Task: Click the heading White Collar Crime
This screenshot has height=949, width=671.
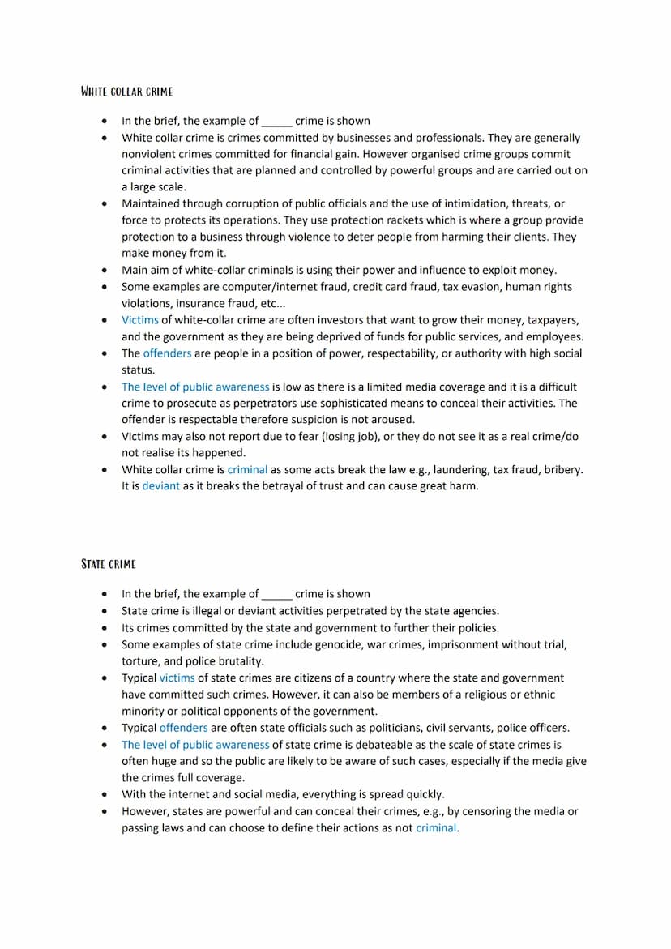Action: point(126,91)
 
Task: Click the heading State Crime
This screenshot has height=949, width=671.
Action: point(109,563)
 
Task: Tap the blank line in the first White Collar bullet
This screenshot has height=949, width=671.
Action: point(276,122)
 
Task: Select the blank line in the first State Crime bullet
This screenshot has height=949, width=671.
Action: point(276,594)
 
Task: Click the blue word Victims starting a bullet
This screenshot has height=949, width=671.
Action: point(140,320)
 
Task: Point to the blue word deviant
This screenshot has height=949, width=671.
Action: point(160,486)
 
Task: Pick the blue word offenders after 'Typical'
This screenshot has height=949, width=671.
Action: point(183,728)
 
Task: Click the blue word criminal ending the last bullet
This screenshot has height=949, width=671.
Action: point(436,828)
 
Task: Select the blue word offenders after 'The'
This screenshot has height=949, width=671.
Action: point(167,353)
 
